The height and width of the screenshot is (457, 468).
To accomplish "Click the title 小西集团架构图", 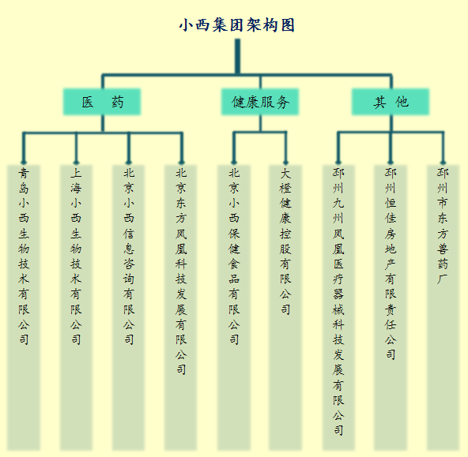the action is (x=237, y=24).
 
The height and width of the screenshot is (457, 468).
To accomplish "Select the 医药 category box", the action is (x=102, y=102).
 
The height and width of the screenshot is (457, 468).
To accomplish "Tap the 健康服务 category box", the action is (x=260, y=102).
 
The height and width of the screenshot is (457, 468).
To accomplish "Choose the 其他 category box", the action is (x=391, y=102).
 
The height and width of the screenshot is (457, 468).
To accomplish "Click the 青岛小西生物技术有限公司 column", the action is (x=24, y=307).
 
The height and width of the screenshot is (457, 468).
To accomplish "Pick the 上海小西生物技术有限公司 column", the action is (x=76, y=307).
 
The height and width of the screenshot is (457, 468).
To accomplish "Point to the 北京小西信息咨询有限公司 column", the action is (x=129, y=307).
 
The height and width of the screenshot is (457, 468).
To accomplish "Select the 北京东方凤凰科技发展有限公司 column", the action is (x=181, y=307).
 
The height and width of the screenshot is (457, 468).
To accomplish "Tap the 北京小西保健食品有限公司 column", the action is (x=234, y=307).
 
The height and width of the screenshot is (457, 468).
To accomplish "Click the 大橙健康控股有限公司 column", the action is (x=285, y=307).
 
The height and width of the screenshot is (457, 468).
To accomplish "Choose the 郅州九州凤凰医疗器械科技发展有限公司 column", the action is (x=338, y=307).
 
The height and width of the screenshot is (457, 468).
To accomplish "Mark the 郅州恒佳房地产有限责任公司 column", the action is (x=391, y=307).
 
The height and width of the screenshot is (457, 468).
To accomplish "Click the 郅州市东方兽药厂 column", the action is (x=443, y=307).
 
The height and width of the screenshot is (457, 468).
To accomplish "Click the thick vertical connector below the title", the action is (x=237, y=56).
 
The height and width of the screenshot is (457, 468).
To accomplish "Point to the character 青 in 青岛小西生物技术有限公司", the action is (x=24, y=173).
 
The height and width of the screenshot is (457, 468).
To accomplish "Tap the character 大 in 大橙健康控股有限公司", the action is (x=285, y=173).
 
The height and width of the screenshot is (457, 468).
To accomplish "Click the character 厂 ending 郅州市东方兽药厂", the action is (x=443, y=279).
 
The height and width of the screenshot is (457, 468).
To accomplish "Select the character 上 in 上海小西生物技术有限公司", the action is (x=76, y=173).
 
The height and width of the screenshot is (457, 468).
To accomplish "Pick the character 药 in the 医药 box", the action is (x=118, y=102).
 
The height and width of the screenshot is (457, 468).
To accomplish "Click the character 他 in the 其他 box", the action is (x=402, y=102).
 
